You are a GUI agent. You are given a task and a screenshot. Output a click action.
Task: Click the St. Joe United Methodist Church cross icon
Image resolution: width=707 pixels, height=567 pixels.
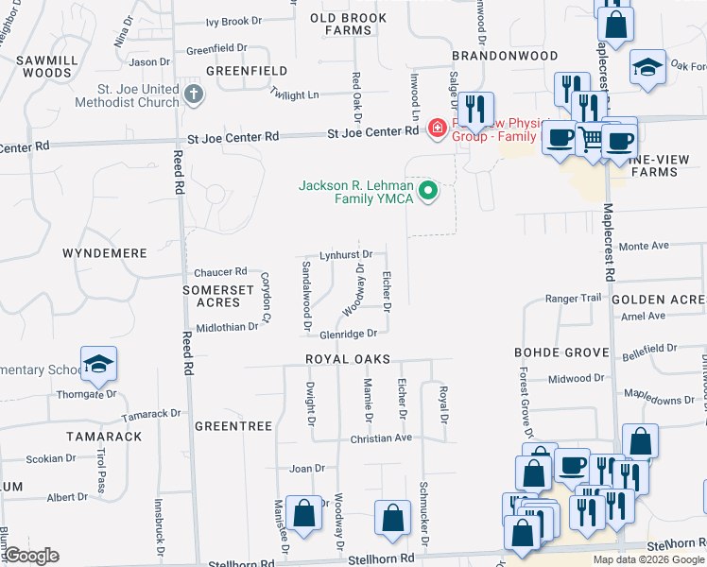pos(194,94)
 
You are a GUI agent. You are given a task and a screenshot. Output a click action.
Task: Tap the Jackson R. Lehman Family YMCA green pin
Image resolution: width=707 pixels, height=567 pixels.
pos(428,192)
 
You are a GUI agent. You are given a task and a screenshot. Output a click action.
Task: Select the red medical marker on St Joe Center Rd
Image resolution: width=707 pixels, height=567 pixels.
pos(437,128)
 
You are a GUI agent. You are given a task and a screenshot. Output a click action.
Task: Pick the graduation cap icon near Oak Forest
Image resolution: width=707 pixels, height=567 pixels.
pos(647,68)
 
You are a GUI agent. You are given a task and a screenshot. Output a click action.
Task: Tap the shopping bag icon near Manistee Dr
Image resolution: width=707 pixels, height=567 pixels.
pos(304,514)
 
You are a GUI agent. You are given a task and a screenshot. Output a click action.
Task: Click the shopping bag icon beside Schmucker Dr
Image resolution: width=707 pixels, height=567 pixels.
pos(392,517)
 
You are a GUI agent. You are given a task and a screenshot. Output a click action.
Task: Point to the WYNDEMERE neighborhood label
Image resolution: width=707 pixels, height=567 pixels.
pos(104,253)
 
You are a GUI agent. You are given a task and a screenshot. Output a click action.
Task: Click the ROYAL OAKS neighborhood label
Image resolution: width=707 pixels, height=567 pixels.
pos(342,360)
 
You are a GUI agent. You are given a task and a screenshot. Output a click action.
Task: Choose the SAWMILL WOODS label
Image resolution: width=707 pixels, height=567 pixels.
pos(44,65)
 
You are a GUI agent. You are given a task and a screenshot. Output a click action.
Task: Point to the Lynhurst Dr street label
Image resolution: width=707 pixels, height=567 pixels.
pos(346,254)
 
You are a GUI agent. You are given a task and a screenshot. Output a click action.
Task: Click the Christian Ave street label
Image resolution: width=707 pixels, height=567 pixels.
pos(381,438)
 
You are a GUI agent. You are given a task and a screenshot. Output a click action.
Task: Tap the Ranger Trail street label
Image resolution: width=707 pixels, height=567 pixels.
pos(573,299)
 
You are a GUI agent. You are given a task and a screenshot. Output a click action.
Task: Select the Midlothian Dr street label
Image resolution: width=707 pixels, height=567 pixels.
pos(227,327)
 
